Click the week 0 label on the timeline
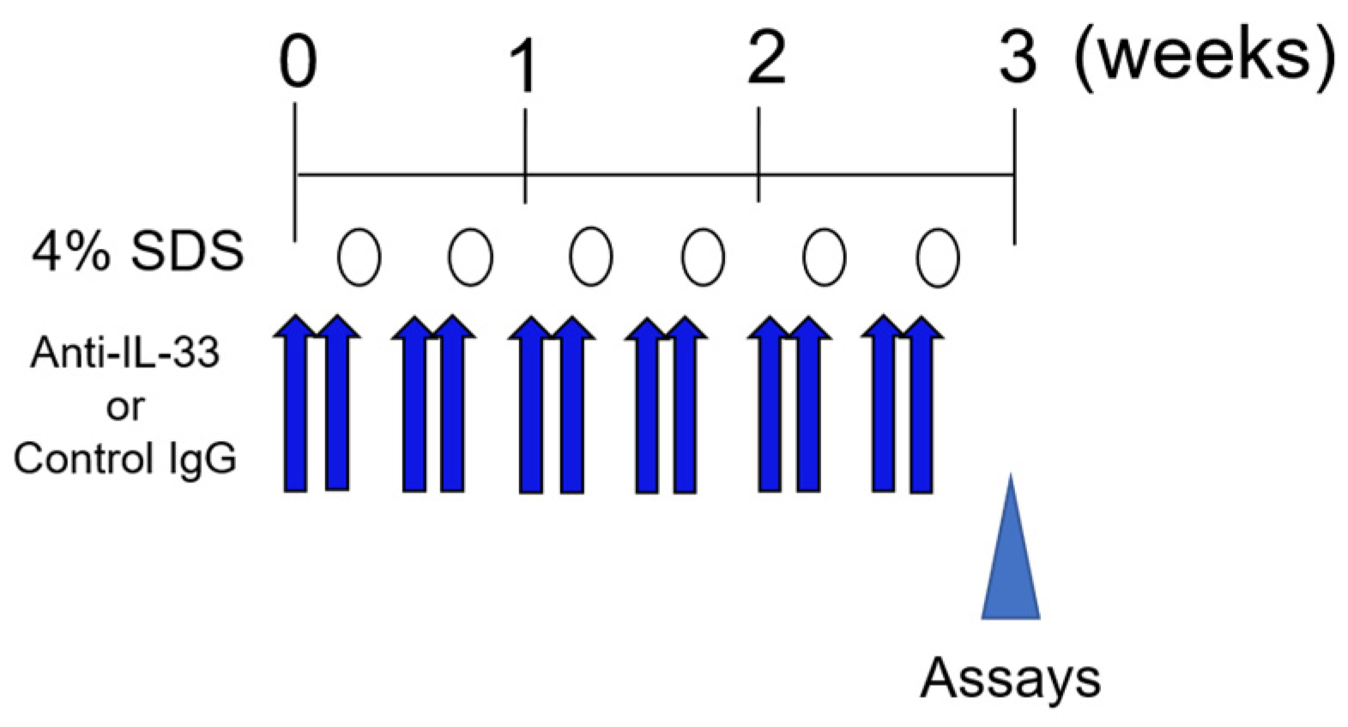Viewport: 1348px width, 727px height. (x=298, y=64)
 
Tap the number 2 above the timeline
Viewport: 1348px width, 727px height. (x=765, y=60)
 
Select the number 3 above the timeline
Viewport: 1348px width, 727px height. (x=1018, y=60)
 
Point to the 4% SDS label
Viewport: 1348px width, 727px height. (x=137, y=252)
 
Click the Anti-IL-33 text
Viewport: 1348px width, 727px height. (x=125, y=352)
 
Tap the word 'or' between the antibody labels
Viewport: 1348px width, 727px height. (x=125, y=407)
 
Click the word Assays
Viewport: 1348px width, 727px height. (x=1010, y=678)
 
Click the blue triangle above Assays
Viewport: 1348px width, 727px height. (x=1011, y=558)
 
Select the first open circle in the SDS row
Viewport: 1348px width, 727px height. (x=359, y=257)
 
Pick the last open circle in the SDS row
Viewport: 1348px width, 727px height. (x=937, y=257)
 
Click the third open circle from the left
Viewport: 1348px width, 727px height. (x=591, y=257)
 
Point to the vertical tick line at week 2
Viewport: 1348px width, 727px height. (x=759, y=154)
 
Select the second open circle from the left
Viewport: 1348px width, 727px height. (x=470, y=257)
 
